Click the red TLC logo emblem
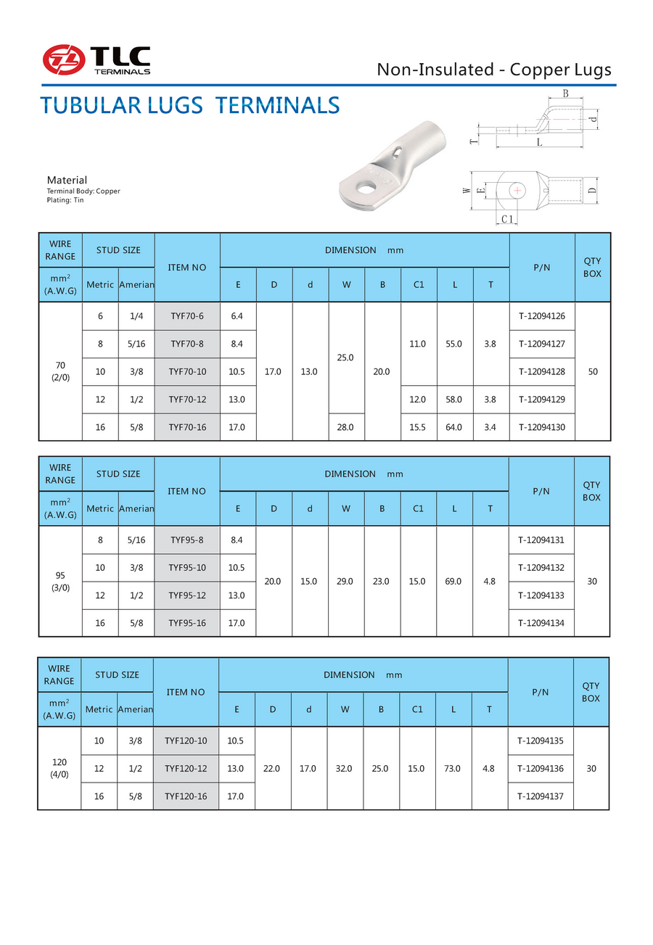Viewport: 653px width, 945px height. point(63,59)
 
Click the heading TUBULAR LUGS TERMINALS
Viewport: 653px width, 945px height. point(189,105)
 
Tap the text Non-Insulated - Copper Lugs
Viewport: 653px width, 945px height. point(494,70)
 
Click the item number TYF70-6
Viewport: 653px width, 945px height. point(187,316)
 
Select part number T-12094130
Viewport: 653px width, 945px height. point(542,427)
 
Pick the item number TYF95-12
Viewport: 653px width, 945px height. point(187,595)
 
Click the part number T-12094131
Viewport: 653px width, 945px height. point(542,540)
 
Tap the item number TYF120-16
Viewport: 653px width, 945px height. point(186,796)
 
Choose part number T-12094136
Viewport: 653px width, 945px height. point(541,768)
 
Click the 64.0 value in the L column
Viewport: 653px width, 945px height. point(455,427)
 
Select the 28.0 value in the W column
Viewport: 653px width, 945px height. point(346,427)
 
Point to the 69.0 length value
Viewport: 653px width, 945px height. point(454,582)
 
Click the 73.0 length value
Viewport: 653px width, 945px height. point(453,768)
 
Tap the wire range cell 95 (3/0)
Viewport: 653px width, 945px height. point(60,582)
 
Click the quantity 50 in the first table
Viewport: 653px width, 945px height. point(593,371)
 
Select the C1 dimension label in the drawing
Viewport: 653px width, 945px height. point(507,219)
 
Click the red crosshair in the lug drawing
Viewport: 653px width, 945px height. point(517,190)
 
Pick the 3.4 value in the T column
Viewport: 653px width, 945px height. point(491,427)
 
